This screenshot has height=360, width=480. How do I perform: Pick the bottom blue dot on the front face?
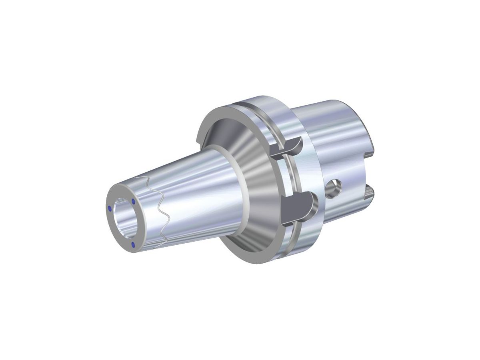click(132, 245)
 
